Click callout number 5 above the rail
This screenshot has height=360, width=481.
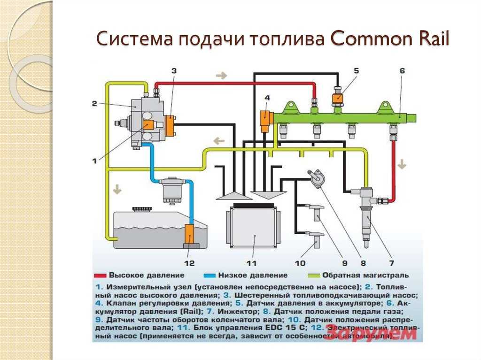[x=356, y=71]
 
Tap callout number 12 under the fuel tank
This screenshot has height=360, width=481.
[x=189, y=263]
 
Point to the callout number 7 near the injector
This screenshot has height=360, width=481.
[x=391, y=263]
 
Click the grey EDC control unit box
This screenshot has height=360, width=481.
[x=253, y=228]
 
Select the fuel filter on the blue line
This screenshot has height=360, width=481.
[x=172, y=190]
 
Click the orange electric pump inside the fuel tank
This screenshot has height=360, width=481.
[x=191, y=234]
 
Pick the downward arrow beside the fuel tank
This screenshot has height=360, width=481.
[x=116, y=190]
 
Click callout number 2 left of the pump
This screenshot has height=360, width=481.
[x=94, y=104]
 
